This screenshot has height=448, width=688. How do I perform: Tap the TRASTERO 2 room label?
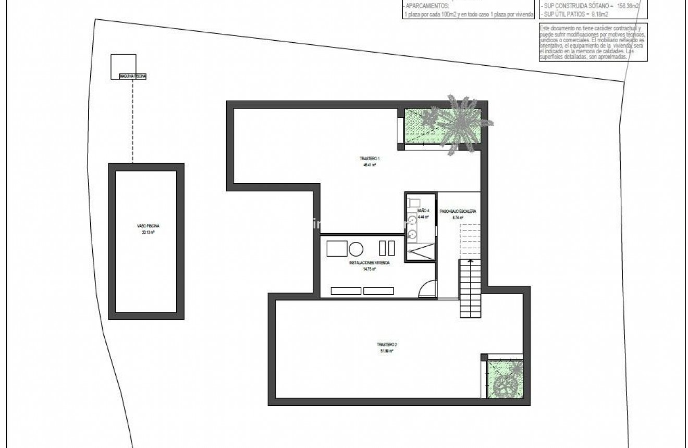(387, 345)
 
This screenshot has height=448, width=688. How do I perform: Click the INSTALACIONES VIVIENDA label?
(369, 263)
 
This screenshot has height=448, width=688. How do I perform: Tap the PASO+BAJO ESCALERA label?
(458, 212)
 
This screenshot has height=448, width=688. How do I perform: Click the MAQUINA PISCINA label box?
(133, 76)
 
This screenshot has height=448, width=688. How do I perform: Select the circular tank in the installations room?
(356, 249)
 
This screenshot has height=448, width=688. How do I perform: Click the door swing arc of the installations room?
(427, 288)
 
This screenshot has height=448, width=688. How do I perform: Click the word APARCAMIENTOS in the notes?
(426, 6)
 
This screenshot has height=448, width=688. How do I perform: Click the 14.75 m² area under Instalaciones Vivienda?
(369, 270)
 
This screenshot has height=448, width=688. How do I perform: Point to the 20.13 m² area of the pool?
(148, 233)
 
